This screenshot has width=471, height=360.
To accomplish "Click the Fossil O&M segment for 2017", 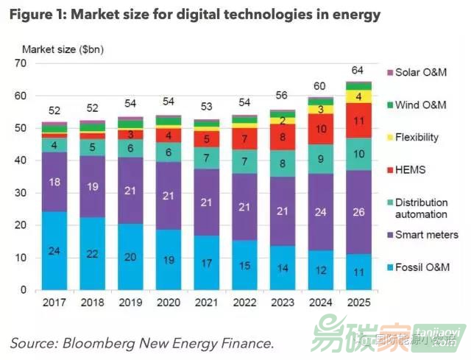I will [54, 251].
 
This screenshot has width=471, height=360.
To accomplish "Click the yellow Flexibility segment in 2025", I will [358, 96].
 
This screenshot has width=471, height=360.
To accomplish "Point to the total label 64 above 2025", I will [358, 71].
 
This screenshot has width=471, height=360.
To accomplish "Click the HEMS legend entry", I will [411, 169].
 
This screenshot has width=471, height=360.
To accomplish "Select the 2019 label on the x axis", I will [130, 303].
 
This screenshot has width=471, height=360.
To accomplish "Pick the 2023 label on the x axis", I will [283, 303].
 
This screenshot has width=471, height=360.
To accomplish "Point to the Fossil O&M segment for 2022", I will [244, 265].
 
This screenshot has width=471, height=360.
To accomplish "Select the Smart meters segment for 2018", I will [92, 187].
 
